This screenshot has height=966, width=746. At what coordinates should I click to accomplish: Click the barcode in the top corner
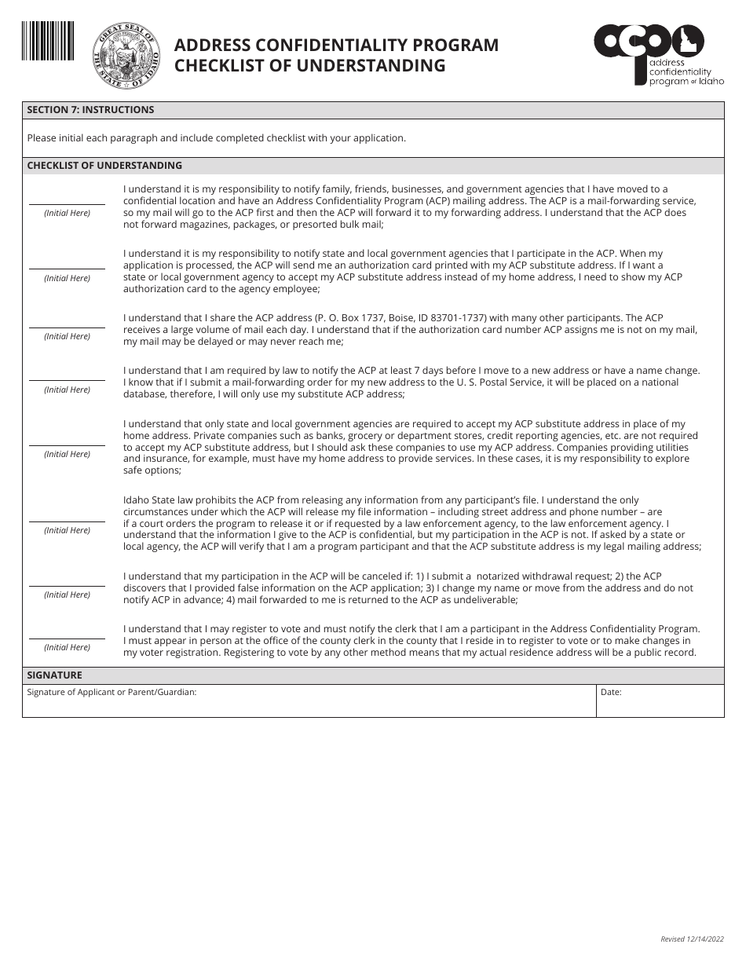(48, 41)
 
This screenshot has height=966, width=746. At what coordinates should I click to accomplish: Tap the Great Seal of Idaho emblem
(126, 56)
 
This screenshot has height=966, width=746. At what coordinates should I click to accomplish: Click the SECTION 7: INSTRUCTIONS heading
(90, 110)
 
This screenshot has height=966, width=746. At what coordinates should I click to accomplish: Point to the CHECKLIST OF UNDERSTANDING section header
(104, 166)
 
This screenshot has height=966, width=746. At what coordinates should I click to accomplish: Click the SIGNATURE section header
(54, 675)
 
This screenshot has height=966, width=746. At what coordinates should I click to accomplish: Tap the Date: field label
(611, 693)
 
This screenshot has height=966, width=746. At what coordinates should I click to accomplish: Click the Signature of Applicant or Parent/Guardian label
(112, 693)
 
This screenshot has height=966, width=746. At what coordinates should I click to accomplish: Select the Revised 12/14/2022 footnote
(692, 939)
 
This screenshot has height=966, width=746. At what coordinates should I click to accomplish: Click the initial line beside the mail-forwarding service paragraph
(67, 203)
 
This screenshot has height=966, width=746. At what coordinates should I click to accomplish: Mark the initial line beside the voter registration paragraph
(67, 638)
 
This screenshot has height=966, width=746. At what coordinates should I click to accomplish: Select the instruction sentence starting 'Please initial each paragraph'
(216, 138)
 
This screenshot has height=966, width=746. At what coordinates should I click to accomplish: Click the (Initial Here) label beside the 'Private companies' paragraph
(67, 455)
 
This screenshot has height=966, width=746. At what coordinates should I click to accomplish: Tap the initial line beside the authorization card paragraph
(67, 269)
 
